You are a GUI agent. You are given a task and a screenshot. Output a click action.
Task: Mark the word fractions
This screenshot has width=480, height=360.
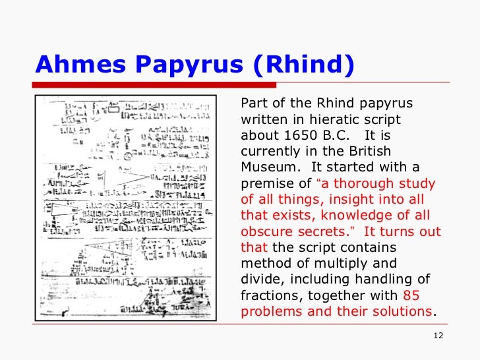tap(270, 295)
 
